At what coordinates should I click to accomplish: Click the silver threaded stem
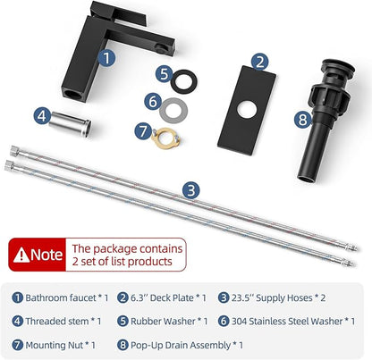click(71, 122)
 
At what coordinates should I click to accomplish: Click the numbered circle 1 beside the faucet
click(106, 58)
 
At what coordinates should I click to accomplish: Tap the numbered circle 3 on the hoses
click(191, 190)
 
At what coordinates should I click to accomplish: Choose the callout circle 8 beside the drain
click(302, 120)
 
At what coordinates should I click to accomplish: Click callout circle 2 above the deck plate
click(259, 63)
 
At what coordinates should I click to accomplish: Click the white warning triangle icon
click(21, 255)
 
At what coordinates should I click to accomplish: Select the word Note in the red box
click(46, 255)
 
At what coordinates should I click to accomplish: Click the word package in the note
click(115, 249)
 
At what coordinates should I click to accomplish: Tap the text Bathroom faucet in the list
click(61, 297)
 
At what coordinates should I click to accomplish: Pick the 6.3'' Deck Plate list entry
click(168, 297)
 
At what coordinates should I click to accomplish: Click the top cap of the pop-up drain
click(338, 67)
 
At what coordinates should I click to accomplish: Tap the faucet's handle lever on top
click(119, 13)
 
